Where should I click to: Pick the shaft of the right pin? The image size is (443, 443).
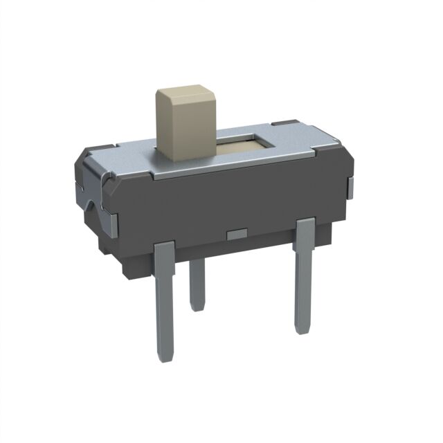[302, 284]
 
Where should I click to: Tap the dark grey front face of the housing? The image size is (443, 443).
[228, 201]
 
